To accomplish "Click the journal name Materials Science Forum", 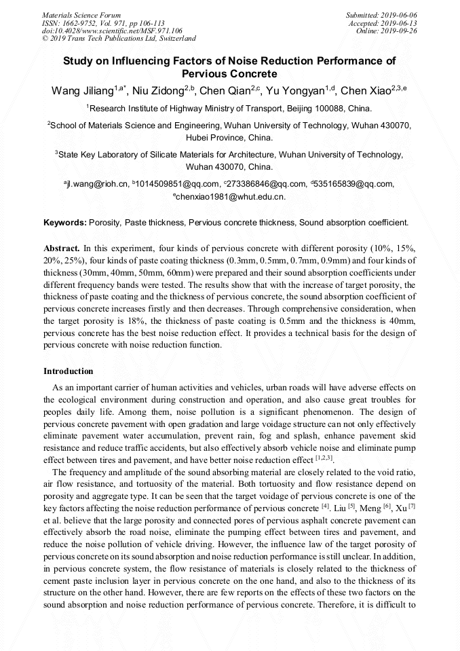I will pos(81,14).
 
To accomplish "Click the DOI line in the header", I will pos(112,31).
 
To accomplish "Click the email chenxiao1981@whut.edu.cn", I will pos(231,197).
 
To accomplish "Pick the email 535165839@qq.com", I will pos(355,184).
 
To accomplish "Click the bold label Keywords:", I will pos(65,222).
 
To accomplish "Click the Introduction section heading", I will pos(69,371).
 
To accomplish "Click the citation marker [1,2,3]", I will pos(324,459).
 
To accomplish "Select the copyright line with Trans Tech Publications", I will pos(119,39).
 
